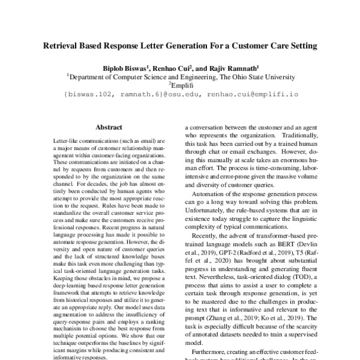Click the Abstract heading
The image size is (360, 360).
(108, 127)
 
